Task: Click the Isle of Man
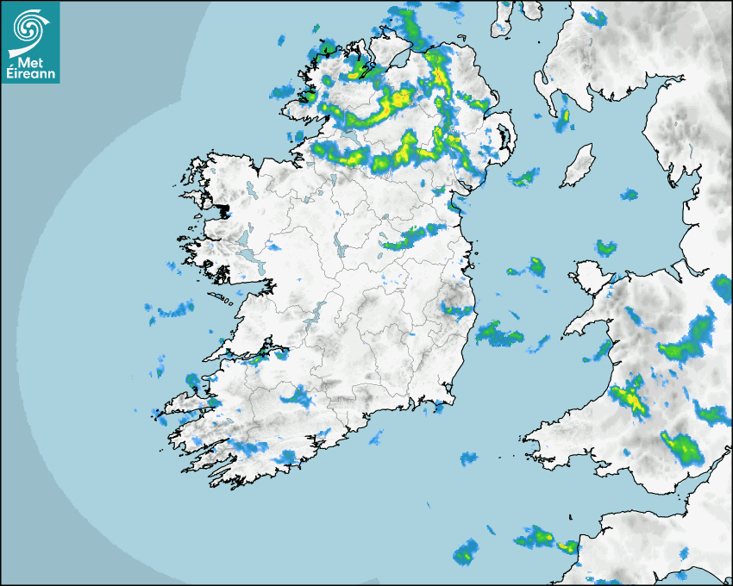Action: (579, 165)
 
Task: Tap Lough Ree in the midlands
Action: (340, 250)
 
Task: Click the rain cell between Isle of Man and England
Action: (629, 194)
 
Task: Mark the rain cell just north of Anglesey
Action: (606, 247)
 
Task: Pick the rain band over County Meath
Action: (412, 235)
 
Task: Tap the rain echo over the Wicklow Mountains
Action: (455, 305)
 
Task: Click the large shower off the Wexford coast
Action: (498, 334)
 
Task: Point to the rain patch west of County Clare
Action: (172, 311)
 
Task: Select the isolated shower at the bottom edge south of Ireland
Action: (466, 552)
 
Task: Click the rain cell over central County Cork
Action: (298, 397)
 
